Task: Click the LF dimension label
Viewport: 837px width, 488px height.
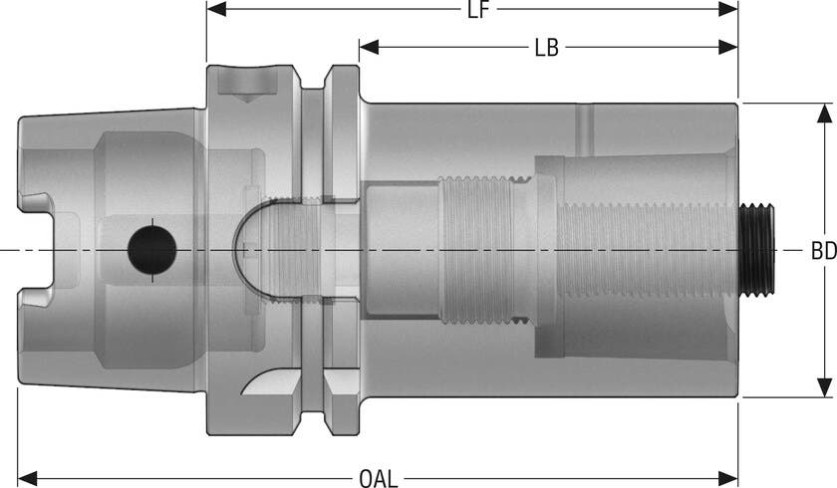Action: point(477,10)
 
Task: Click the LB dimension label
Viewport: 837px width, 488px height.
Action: point(547,48)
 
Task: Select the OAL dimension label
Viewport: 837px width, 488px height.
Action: point(379,478)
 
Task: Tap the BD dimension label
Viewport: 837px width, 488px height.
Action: point(824,251)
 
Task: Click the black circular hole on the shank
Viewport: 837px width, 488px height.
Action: point(152,250)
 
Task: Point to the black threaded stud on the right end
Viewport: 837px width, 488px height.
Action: point(756,250)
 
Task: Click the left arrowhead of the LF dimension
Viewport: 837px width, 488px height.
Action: point(216,9)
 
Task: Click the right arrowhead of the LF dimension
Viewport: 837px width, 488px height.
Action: point(728,9)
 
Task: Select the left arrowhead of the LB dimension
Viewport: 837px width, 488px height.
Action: point(369,47)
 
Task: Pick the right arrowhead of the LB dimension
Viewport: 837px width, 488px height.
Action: point(728,47)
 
